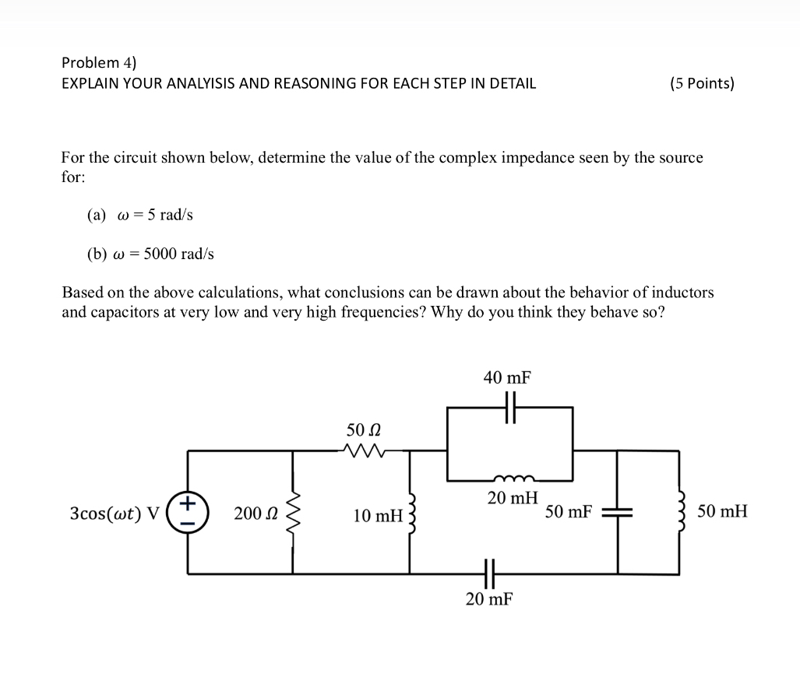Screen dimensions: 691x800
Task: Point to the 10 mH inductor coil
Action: pos(411,513)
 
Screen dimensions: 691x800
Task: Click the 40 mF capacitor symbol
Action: pos(510,407)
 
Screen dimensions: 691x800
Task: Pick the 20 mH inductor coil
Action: pos(510,479)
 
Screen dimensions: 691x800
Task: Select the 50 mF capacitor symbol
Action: pos(619,512)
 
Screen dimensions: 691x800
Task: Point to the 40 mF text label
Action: pos(507,378)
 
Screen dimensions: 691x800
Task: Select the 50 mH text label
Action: pos(722,511)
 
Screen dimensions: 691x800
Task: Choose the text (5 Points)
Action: pos(701,83)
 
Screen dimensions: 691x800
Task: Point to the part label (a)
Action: pos(97,216)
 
